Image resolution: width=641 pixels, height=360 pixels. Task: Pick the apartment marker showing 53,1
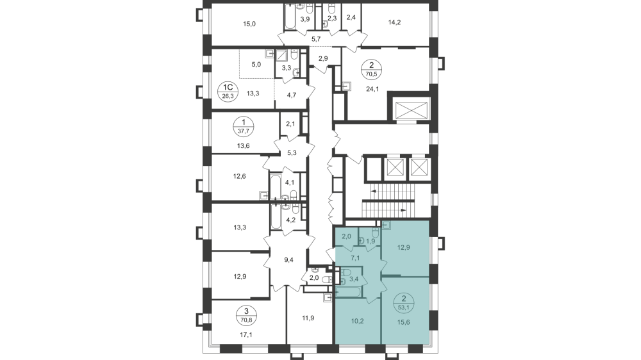404,301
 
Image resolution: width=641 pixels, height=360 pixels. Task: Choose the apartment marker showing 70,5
371,68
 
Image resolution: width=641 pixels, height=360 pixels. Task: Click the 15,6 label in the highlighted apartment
404,324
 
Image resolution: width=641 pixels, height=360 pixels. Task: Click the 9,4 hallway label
289,260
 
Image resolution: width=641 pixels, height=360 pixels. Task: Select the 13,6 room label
244,145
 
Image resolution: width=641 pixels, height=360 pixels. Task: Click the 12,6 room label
240,177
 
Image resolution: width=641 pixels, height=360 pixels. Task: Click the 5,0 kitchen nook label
256,64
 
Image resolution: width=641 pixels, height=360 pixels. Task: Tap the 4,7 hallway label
291,95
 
